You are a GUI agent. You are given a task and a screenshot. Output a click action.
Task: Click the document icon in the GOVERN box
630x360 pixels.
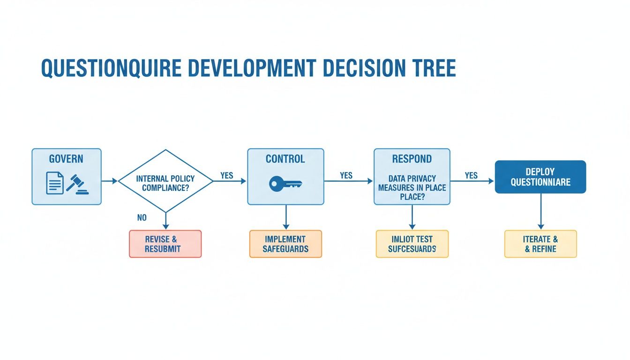pos(55,183)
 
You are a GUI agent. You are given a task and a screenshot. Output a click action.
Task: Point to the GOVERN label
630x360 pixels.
pos(67,159)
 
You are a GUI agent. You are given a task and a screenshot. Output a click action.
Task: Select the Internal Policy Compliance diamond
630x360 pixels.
pos(165,181)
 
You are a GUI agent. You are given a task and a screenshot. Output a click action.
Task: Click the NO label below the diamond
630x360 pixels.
pos(142,217)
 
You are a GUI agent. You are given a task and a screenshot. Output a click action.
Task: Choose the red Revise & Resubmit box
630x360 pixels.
pos(165,244)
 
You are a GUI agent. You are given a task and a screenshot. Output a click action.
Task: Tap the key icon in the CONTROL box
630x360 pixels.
pos(285,183)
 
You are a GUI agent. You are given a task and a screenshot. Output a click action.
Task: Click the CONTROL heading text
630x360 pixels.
pos(285,159)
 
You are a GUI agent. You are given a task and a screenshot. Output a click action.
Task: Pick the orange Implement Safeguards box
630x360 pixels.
pos(285,244)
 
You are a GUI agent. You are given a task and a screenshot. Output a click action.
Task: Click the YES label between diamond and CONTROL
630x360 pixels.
pos(227,175)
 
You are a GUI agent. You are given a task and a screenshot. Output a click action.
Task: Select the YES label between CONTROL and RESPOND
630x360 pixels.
pos(346,175)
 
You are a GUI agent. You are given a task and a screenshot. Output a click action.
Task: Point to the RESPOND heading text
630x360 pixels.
pos(412,159)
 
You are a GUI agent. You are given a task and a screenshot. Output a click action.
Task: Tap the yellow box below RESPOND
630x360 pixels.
pos(412,244)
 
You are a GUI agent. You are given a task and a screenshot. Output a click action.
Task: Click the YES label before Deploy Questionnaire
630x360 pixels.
pos(471,175)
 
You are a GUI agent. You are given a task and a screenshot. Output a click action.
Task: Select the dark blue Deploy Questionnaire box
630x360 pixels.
pos(540,177)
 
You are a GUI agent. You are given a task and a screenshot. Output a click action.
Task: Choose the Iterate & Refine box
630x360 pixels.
pos(540,244)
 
